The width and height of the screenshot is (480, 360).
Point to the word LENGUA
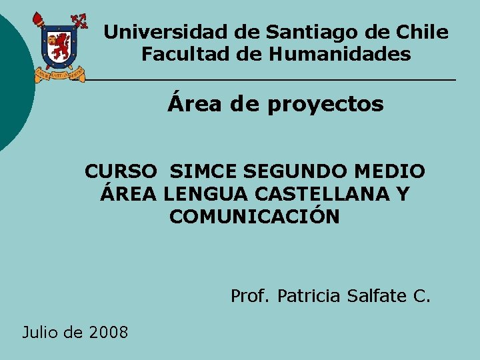(x=198, y=194)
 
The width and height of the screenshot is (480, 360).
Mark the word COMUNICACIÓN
(x=255, y=217)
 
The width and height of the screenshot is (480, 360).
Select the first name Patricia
(x=309, y=295)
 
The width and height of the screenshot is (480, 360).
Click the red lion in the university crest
(x=61, y=45)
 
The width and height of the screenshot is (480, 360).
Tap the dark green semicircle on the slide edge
(x=12, y=80)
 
